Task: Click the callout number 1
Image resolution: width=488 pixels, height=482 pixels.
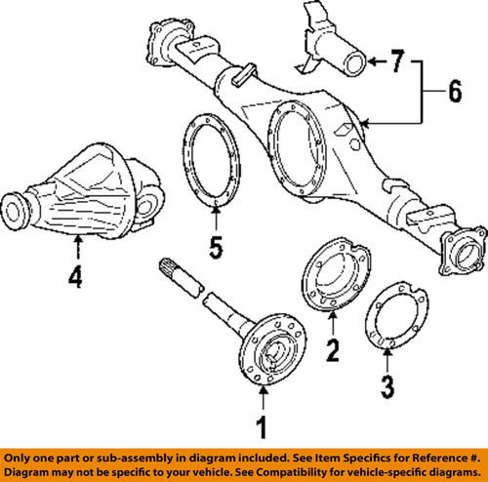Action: [x=261, y=426]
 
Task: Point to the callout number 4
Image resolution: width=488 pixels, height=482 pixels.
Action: [x=74, y=280]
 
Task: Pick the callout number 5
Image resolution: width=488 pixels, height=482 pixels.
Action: [x=216, y=248]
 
